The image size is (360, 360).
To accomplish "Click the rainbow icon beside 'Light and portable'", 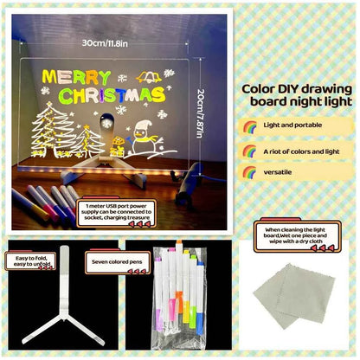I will point(251,126).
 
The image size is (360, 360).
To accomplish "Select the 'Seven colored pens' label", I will point(113,258).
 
